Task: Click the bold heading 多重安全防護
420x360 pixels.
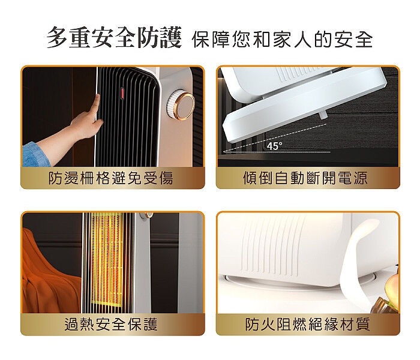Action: [x=115, y=37]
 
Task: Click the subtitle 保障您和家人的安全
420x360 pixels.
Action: [x=282, y=40]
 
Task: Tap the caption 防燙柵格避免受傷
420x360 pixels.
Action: [x=110, y=178]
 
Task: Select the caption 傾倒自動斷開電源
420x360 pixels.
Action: [x=305, y=178]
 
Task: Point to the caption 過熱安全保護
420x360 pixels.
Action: [x=111, y=324]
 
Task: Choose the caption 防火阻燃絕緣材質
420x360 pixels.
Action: [x=307, y=324]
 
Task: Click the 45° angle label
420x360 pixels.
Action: [x=274, y=146]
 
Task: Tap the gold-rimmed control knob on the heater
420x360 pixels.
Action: [x=181, y=106]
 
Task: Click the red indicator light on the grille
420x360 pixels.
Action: [x=122, y=94]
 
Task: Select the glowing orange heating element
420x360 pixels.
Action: [x=107, y=260]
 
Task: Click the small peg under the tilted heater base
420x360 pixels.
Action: [x=323, y=115]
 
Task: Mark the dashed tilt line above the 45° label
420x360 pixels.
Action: [x=275, y=137]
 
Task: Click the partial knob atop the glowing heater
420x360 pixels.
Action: [x=146, y=215]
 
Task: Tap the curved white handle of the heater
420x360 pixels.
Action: [x=359, y=265]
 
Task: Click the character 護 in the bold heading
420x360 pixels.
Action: [x=171, y=37]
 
